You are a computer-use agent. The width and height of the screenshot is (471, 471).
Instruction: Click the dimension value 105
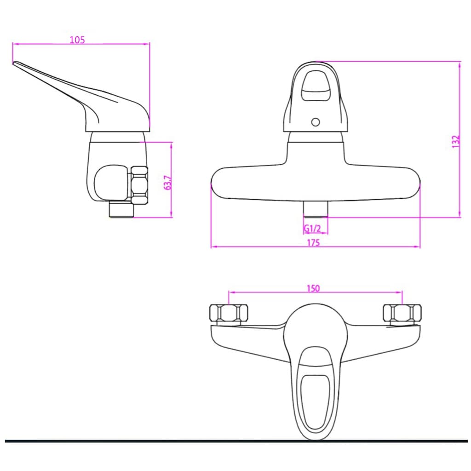point(77,40)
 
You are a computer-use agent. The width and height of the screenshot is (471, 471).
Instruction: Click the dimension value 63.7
point(168,183)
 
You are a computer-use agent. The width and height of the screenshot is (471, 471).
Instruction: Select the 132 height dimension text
point(455,141)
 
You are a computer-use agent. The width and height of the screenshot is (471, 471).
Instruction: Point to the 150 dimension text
point(313,288)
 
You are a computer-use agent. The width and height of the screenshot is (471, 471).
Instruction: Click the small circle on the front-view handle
point(315,122)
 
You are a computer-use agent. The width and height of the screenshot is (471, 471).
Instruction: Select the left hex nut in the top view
point(229,314)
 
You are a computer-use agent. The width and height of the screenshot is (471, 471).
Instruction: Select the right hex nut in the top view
point(402,314)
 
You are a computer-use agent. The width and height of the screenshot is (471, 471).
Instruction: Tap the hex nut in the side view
point(140,185)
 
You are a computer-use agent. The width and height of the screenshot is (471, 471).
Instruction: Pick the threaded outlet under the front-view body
point(315,209)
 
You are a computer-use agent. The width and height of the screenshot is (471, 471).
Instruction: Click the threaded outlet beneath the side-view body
point(121,210)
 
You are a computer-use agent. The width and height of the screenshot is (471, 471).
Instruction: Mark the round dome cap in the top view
point(315,327)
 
